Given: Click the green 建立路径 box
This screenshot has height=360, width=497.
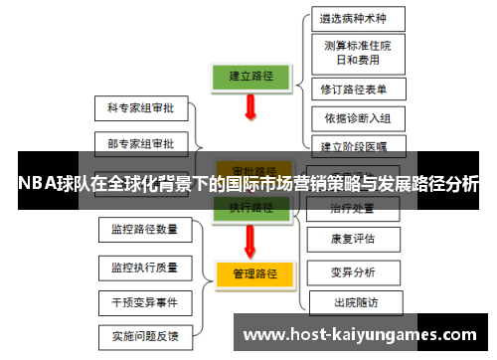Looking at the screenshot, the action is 251,75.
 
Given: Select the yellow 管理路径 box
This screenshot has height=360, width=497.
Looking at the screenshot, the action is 252,271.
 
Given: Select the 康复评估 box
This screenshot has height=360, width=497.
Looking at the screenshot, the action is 353,240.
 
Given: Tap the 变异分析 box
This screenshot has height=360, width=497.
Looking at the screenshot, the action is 353,271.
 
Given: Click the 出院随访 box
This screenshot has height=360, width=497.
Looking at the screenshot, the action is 353,302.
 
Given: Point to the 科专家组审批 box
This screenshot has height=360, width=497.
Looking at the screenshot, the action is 140,106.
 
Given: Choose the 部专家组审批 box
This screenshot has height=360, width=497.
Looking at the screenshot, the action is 140,141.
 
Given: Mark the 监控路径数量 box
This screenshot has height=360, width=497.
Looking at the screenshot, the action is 144,230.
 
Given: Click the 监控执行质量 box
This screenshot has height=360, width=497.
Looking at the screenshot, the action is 144,267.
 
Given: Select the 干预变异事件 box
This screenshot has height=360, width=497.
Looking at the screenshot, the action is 144,301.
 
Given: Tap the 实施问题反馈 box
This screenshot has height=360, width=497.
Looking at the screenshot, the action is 144,335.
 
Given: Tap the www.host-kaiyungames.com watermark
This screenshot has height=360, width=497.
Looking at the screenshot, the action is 360,334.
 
